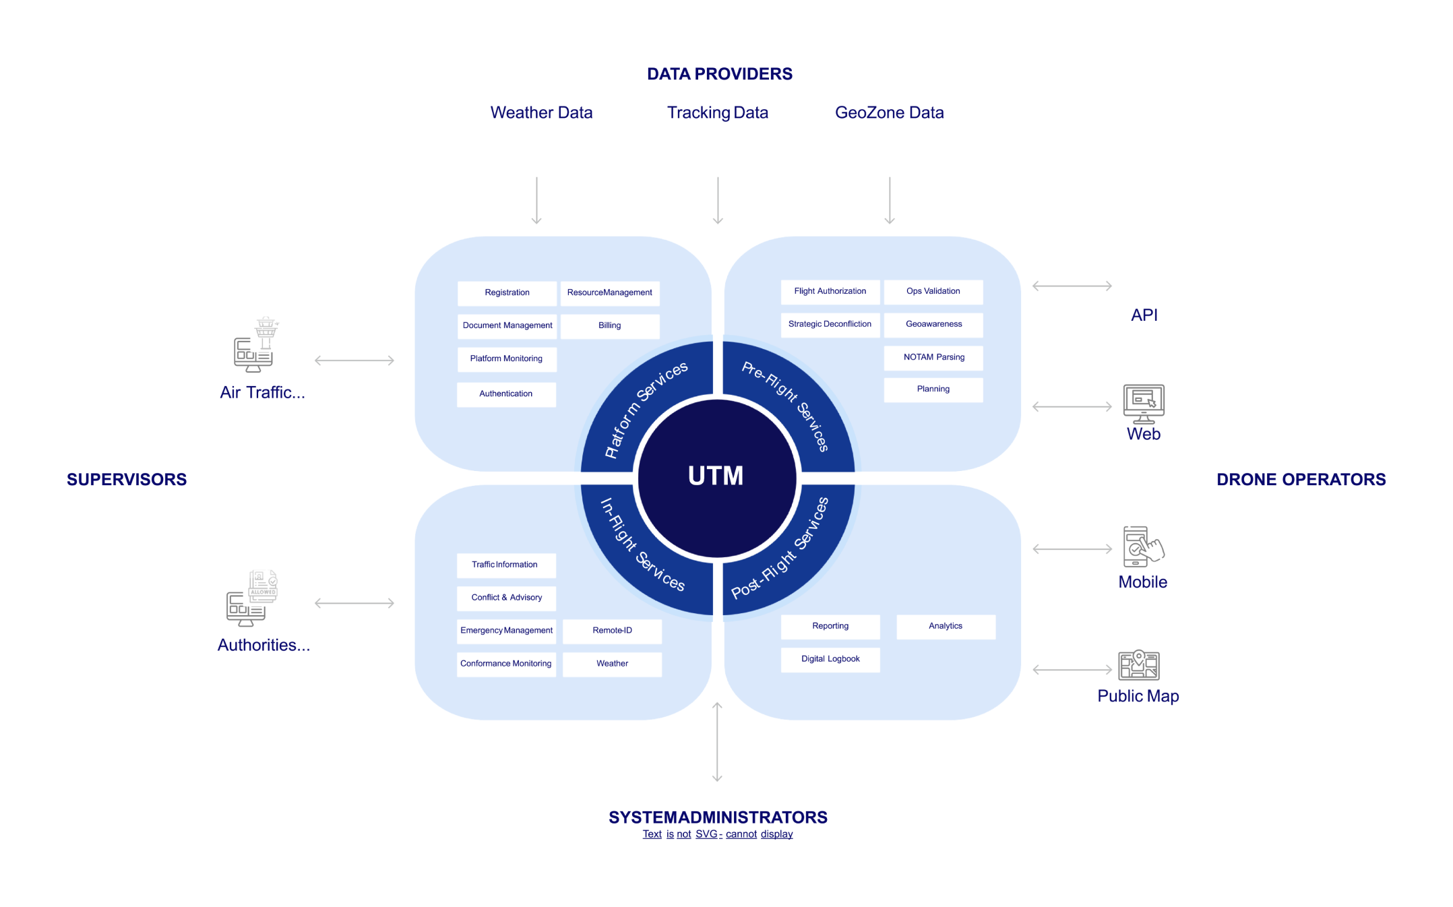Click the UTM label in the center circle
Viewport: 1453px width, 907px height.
pos(716,476)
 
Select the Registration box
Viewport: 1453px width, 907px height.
pos(507,292)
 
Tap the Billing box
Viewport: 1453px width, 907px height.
pos(609,325)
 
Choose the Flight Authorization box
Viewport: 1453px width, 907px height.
pos(830,291)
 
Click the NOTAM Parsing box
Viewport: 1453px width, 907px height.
pos(933,357)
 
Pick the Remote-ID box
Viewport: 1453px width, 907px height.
pos(612,631)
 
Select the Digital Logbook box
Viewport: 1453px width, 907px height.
pos(830,659)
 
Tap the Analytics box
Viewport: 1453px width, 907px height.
pos(945,626)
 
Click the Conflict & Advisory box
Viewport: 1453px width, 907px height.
pos(506,598)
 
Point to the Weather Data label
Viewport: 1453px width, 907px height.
pos(541,113)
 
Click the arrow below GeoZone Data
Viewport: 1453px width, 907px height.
pos(889,200)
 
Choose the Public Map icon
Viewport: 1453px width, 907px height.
pos(1138,665)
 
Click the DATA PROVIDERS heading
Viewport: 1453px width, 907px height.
pos(719,74)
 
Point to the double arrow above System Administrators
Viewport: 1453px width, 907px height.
pos(717,742)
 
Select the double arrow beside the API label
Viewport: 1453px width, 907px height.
pos(1072,286)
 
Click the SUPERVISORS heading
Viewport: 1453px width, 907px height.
pos(127,480)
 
